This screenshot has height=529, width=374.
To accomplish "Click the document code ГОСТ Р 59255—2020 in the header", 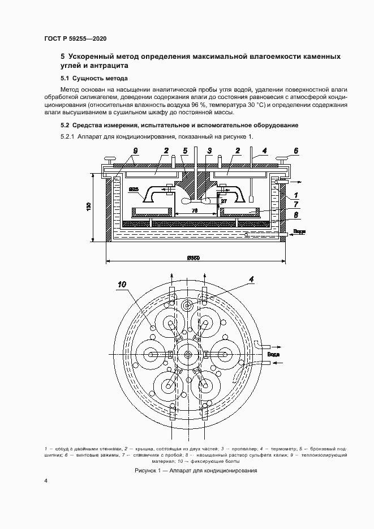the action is tap(75, 38).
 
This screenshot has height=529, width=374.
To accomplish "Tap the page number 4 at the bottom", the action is tap(46, 481).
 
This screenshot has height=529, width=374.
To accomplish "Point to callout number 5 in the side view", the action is tap(185, 150).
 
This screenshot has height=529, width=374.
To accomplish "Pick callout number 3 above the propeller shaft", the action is tap(209, 150).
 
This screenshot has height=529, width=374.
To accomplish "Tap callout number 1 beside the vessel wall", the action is tap(295, 195).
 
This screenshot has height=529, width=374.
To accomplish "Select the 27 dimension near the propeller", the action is tap(223, 200).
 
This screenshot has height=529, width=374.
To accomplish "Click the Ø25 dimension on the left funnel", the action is tap(134, 188).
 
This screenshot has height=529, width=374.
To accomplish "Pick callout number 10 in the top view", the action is tap(123, 285).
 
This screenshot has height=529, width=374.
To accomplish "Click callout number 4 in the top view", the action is tap(251, 279).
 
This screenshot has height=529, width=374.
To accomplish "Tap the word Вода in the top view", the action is tap(274, 355).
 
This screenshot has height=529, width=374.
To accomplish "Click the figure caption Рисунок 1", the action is tap(196, 471).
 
